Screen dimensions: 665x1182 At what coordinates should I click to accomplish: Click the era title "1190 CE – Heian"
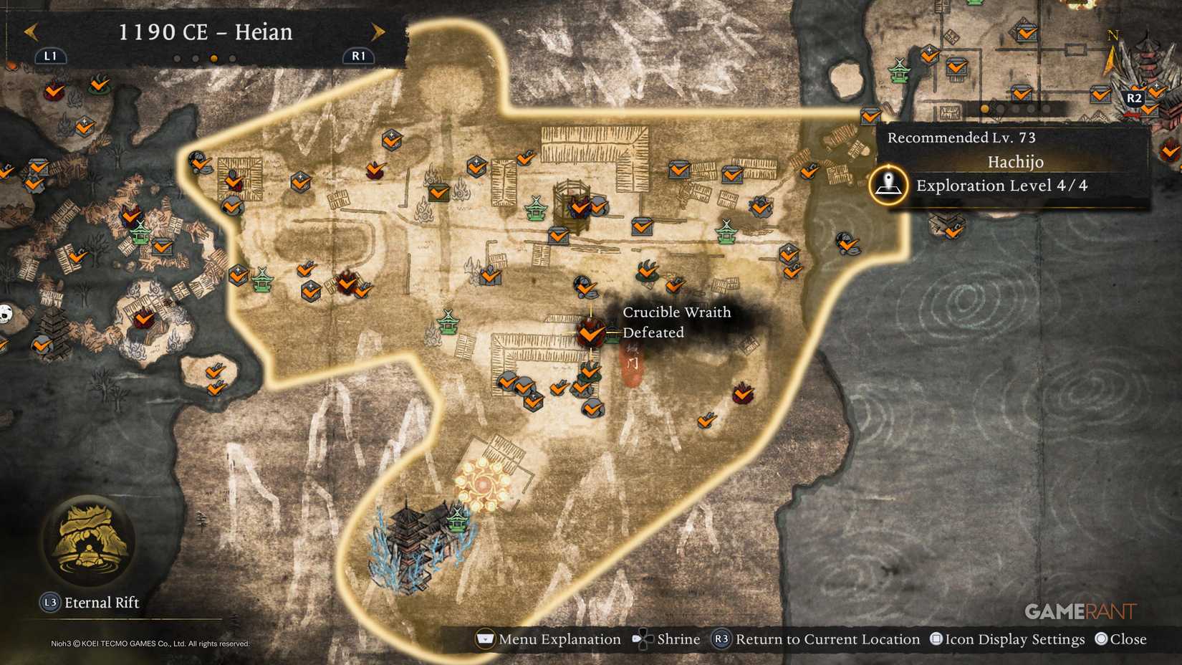point(205,32)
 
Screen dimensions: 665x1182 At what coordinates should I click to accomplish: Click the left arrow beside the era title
point(31,32)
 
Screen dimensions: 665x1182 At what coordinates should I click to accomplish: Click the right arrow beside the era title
point(378,32)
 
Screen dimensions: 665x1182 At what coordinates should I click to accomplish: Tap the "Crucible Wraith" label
point(676,312)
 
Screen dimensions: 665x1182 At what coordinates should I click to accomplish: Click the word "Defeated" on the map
point(653,332)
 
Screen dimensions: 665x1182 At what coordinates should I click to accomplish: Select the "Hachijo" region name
point(1015,162)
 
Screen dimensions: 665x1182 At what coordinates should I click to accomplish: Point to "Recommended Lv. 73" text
point(961,138)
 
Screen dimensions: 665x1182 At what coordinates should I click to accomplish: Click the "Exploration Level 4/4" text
point(1001,186)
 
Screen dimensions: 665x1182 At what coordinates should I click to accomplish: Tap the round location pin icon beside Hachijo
point(888,184)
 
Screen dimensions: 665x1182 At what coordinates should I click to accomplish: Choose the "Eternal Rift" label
point(102,603)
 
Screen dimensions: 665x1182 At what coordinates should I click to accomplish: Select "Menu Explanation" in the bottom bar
point(559,639)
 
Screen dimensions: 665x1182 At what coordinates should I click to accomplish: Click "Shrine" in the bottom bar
point(678,639)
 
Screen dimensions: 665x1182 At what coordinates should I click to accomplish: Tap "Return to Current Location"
point(827,639)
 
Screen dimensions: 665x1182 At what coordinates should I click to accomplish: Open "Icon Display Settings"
point(1014,639)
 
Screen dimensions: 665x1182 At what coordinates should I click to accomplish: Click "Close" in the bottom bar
point(1128,639)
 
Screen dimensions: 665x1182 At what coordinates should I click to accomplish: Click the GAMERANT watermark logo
point(1080,611)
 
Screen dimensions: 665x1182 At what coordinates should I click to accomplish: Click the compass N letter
point(1113,35)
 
